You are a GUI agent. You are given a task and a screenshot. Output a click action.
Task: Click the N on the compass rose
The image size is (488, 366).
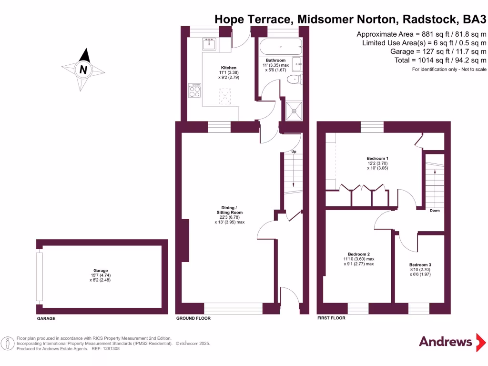pyautogui.click(x=84, y=70)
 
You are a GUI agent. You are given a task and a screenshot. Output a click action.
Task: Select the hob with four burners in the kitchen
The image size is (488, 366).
pyautogui.click(x=195, y=91)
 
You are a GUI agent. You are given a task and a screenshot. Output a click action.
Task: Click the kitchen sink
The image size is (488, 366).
pyautogui.click(x=209, y=44)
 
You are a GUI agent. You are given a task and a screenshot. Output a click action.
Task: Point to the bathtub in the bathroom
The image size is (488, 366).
pyautogui.click(x=281, y=47)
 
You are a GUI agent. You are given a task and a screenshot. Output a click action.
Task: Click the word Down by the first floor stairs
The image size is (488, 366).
pyautogui.click(x=434, y=210)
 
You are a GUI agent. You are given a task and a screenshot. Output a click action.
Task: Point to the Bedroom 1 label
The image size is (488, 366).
pyautogui.click(x=377, y=158)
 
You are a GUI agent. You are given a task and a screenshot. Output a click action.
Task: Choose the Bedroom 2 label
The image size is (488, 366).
pyautogui.click(x=359, y=254)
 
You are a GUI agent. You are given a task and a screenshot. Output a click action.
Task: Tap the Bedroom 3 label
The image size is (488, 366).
pyautogui.click(x=420, y=264)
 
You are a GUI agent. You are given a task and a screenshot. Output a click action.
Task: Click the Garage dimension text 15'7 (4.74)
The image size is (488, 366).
pyautogui.click(x=101, y=275)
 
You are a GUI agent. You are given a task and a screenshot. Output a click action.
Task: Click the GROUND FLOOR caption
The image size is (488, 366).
pyautogui.click(x=193, y=318)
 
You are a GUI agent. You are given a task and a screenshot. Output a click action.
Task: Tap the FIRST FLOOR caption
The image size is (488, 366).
pyautogui.click(x=331, y=318)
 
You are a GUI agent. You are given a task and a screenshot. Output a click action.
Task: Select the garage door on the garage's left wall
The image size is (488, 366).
pyautogui.click(x=40, y=276)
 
